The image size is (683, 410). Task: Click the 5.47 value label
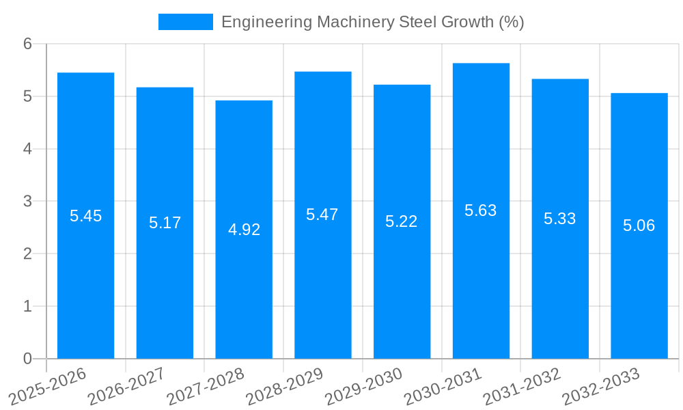[322, 215]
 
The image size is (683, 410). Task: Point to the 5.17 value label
[165, 223]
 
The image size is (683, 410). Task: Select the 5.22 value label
[402, 221]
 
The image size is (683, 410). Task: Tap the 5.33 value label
[560, 219]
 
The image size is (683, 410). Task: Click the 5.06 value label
[639, 225]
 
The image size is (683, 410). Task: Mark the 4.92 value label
[244, 230]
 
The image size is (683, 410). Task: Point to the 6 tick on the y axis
[27, 44]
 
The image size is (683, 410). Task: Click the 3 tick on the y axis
[27, 202]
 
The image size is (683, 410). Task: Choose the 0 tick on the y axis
[27, 359]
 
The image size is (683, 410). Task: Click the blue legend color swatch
[186, 22]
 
